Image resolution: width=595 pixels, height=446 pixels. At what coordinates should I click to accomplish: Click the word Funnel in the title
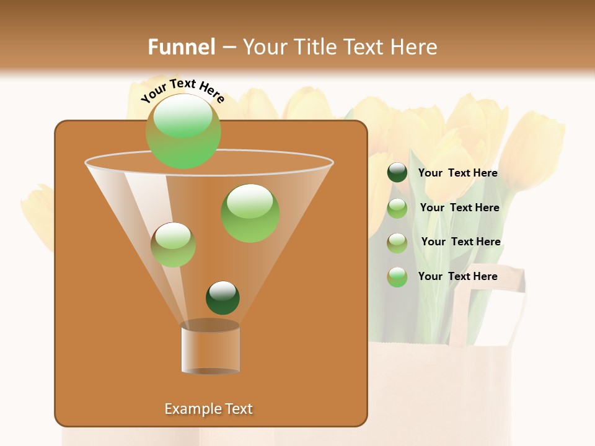click(x=181, y=47)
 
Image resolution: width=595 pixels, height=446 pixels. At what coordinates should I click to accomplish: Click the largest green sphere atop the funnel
click(x=183, y=131)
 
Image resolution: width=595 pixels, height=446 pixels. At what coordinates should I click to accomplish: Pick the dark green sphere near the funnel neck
click(x=223, y=297)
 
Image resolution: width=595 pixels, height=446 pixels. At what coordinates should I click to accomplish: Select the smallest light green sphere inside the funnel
click(x=173, y=245)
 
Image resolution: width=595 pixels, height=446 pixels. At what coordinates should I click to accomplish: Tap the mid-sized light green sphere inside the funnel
click(x=250, y=213)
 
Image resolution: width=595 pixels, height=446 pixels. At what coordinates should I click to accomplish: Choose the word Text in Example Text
click(x=239, y=409)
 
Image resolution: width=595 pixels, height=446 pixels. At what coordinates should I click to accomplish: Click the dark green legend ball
click(x=397, y=173)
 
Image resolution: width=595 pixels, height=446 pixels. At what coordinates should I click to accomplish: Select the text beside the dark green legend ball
click(x=457, y=173)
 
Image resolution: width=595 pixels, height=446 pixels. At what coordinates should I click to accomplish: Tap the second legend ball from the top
click(x=397, y=208)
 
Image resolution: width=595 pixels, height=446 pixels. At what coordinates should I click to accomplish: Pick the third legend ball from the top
click(x=397, y=242)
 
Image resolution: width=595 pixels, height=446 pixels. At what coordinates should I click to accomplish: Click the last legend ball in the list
click(x=397, y=277)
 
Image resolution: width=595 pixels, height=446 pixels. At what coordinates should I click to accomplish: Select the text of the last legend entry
click(x=457, y=276)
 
